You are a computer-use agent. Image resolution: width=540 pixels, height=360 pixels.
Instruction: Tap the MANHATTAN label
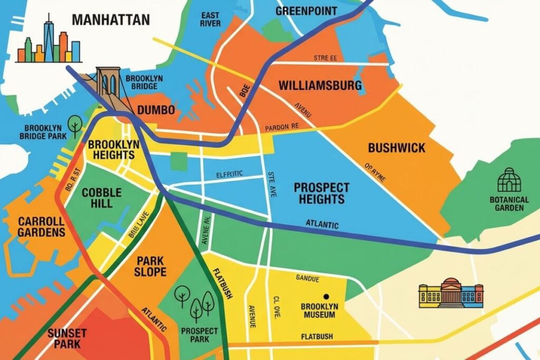[111, 20]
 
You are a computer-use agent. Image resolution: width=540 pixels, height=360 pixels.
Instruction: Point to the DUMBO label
[156, 110]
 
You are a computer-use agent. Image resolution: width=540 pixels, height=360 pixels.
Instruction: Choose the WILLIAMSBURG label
[320, 85]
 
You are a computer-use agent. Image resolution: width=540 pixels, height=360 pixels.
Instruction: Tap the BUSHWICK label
[396, 148]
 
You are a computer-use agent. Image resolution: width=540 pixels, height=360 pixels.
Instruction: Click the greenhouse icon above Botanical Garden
[509, 180]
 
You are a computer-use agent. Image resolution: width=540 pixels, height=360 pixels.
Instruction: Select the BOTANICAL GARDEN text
[509, 203]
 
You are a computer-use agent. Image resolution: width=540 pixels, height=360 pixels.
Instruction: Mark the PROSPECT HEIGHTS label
[321, 193]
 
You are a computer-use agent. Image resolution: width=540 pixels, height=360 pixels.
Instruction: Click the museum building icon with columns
[451, 293]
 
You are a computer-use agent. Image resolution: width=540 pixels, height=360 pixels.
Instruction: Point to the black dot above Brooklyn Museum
[326, 297]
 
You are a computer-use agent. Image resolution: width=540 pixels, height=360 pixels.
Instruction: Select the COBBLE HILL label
[101, 198]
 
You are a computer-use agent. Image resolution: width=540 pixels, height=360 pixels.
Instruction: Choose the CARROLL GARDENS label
[41, 227]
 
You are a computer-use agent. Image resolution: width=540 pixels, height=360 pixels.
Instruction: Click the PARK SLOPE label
[150, 266]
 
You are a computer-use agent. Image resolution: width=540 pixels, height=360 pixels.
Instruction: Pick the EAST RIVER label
[210, 20]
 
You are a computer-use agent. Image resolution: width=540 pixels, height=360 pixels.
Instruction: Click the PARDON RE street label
[282, 127]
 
